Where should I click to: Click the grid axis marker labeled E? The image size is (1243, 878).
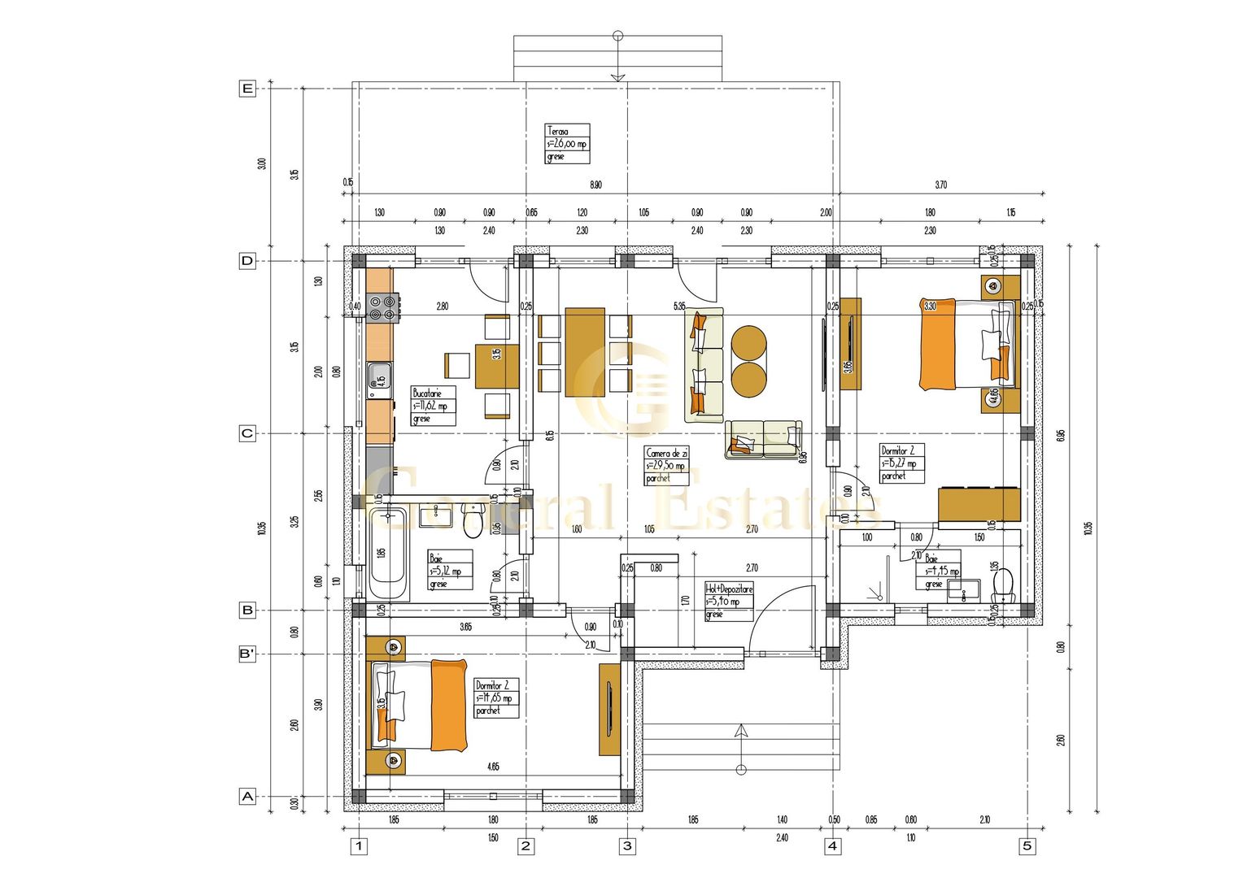tap(247, 89)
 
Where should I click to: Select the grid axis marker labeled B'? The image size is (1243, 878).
tap(247, 654)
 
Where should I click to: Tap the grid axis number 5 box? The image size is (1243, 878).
tap(1027, 846)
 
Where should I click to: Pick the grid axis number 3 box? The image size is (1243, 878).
tap(626, 846)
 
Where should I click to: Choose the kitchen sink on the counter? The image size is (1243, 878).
tap(379, 376)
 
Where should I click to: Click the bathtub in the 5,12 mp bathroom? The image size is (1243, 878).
tap(387, 553)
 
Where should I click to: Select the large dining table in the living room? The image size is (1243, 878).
tap(585, 352)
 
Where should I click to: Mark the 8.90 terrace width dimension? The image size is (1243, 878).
tap(595, 185)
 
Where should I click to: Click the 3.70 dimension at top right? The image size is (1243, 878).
tap(940, 185)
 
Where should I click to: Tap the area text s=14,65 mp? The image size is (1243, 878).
tap(495, 698)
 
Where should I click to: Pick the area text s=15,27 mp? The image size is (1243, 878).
tap(899, 463)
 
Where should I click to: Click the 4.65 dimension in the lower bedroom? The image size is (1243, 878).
tap(493, 767)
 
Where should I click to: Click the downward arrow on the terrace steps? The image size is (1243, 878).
tap(617, 76)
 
